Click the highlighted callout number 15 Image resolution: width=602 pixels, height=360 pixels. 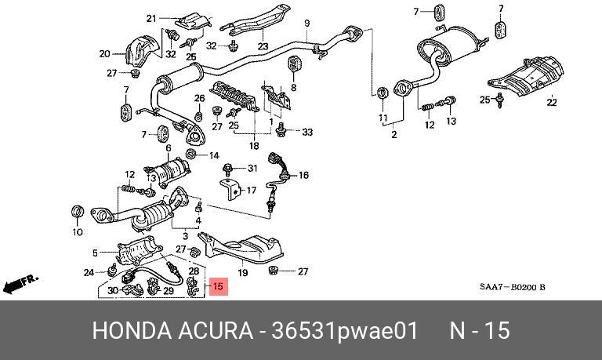click(x=218, y=288)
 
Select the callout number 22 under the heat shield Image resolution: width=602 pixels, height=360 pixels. click(x=552, y=103)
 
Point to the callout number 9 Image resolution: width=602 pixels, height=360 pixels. click(x=307, y=22)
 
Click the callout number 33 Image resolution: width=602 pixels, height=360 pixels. click(x=306, y=132)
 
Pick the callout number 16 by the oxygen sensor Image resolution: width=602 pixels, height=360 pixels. click(x=304, y=176)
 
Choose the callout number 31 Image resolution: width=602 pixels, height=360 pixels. click(x=252, y=169)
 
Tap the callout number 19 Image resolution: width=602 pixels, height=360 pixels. click(x=243, y=273)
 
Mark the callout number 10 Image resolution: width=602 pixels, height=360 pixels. click(x=77, y=232)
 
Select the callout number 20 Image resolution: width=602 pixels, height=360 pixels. click(x=104, y=54)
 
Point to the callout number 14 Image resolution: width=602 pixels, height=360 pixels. click(x=214, y=156)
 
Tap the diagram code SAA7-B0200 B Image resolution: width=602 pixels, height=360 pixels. click(x=513, y=288)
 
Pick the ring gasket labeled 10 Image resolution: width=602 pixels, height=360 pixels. click(x=78, y=212)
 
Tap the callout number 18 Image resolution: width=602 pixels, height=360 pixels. click(x=253, y=146)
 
